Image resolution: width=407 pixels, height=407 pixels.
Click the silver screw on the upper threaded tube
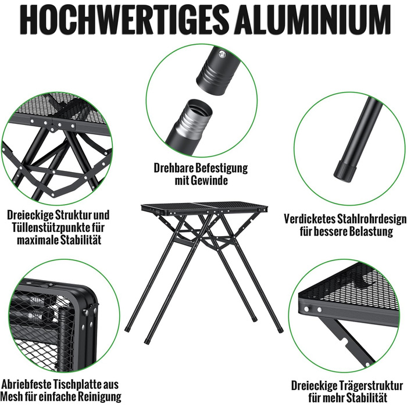click(x=222, y=54)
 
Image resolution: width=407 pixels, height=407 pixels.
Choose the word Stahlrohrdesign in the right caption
click(x=372, y=219)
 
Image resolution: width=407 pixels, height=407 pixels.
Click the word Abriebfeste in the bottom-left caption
click(x=27, y=384)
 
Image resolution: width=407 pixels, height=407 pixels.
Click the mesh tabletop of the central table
click(x=205, y=206)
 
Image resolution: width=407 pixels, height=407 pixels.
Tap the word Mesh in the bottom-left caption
click(x=11, y=397)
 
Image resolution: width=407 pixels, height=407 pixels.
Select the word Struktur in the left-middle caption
click(x=74, y=215)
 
